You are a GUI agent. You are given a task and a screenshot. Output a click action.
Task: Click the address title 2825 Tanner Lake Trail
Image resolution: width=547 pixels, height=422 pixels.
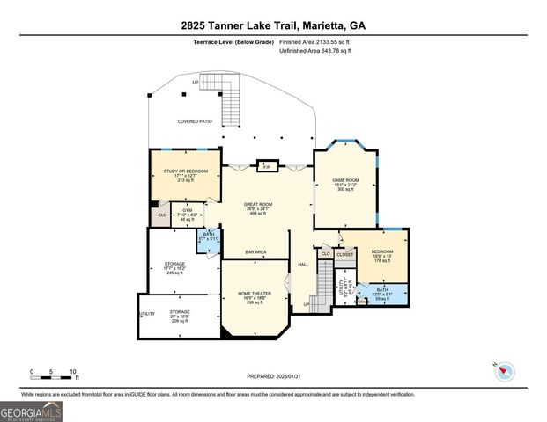click(273, 25)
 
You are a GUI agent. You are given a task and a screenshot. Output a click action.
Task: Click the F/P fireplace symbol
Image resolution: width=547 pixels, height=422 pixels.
click(266, 165)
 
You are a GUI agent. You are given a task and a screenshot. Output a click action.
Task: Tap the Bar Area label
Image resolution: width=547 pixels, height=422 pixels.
click(256, 252)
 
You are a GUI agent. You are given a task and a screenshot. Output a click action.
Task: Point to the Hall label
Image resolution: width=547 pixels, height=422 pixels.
click(303, 264)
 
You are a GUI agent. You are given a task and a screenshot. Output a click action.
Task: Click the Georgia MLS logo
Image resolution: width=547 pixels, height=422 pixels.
click(31, 411)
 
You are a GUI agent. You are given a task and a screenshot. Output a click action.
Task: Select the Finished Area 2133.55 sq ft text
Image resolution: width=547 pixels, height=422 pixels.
click(314, 42)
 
